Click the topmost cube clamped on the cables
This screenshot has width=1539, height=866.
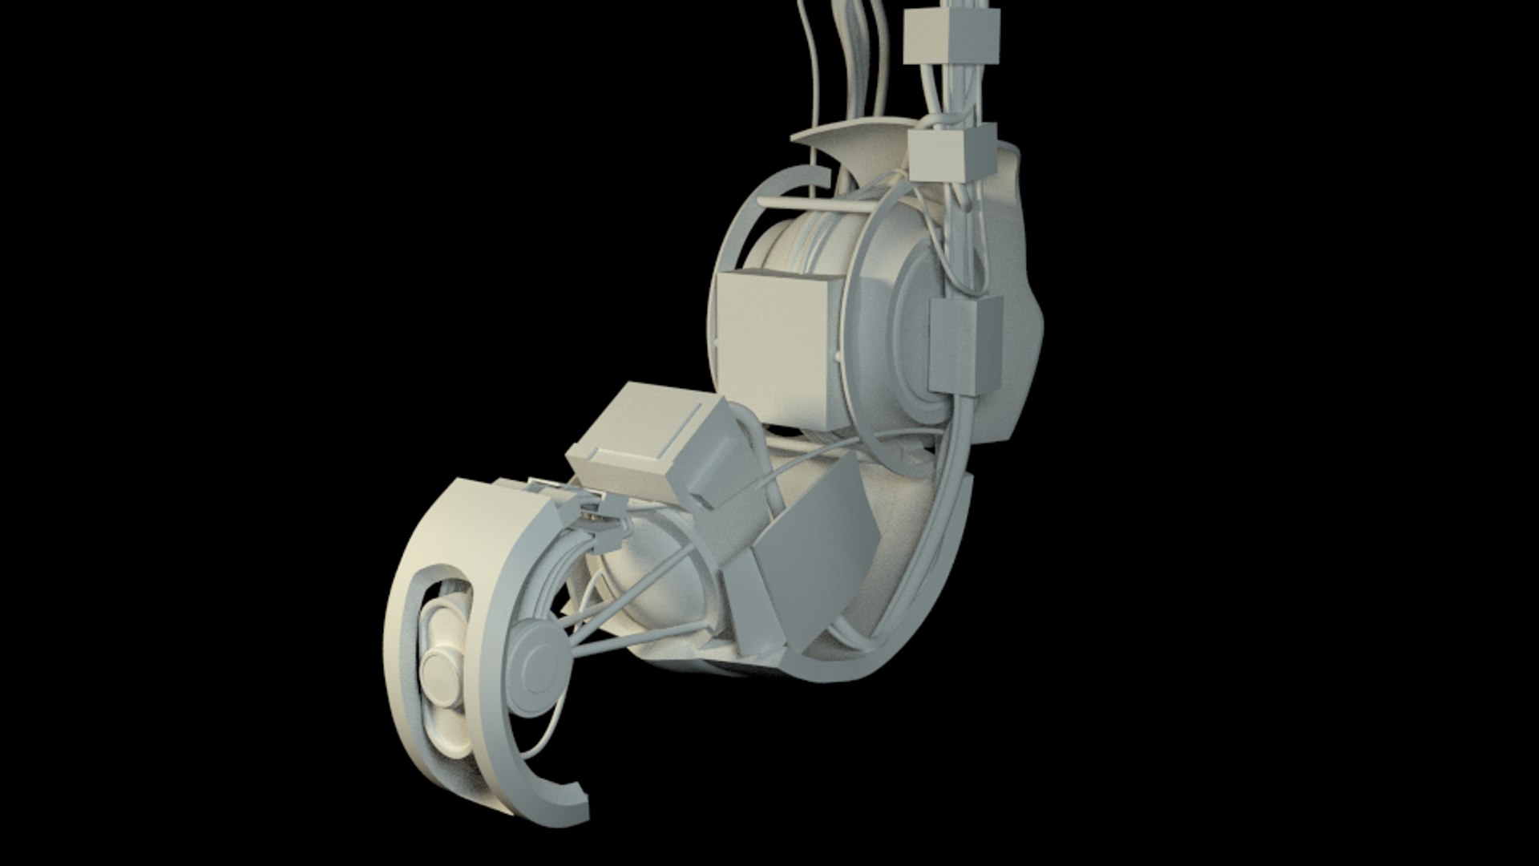(x=952, y=38)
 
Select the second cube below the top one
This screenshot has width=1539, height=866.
(x=952, y=156)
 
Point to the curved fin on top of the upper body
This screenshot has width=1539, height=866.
(x=850, y=149)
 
